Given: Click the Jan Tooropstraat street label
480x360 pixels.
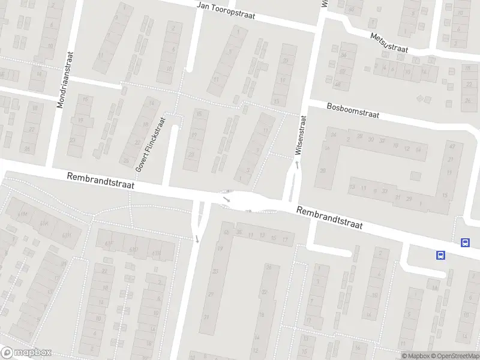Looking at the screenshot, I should tap(227, 11).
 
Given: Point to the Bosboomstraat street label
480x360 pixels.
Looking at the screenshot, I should tap(353, 110).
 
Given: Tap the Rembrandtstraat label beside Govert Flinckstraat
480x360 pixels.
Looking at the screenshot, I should tap(101, 181).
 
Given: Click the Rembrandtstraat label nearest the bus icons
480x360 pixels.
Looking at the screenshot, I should tap(330, 218).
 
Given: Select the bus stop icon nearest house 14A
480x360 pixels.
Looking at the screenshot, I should tap(441, 255).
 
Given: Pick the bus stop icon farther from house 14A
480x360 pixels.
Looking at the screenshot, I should tap(465, 242).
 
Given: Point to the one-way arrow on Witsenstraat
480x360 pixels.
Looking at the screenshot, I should tap(296, 163).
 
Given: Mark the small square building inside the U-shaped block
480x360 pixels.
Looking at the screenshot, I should tap(415, 176).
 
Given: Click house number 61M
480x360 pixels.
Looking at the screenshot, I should tap(25, 214).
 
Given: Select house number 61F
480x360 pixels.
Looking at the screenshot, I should tap(109, 243).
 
